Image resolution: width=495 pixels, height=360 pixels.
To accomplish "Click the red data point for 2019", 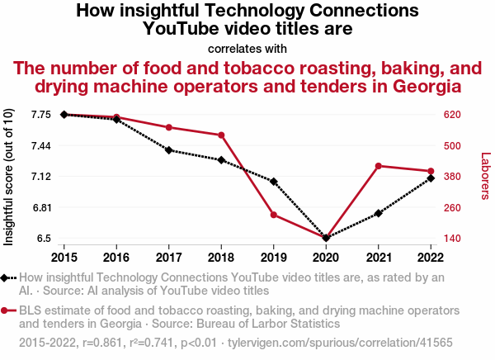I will (273, 215).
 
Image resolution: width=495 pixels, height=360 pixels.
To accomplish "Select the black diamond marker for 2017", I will (168, 150).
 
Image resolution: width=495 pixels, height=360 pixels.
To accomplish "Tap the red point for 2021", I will (379, 166).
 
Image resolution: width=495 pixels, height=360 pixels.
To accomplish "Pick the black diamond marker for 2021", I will (379, 213).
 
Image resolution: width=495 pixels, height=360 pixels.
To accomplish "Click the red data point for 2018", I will (221, 135).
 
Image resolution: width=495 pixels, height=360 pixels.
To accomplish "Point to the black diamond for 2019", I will (273, 182).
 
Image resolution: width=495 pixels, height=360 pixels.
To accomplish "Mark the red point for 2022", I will (431, 171).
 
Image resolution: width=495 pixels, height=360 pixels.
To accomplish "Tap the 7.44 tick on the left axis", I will (40, 145).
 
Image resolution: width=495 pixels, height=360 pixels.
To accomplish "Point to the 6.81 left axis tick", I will (40, 207).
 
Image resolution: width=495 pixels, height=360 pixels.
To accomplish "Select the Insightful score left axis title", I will (9, 176).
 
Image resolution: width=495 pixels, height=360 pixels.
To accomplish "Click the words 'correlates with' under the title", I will (247, 48).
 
